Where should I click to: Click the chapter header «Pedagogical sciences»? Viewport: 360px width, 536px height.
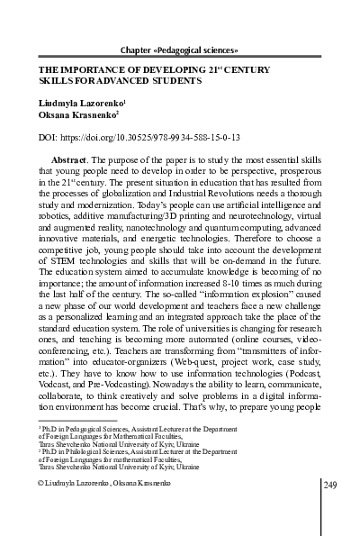[x=184, y=48]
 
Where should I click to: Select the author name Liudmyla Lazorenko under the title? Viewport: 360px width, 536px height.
[x=78, y=104]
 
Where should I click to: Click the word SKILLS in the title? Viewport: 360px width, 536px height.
[x=57, y=80]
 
